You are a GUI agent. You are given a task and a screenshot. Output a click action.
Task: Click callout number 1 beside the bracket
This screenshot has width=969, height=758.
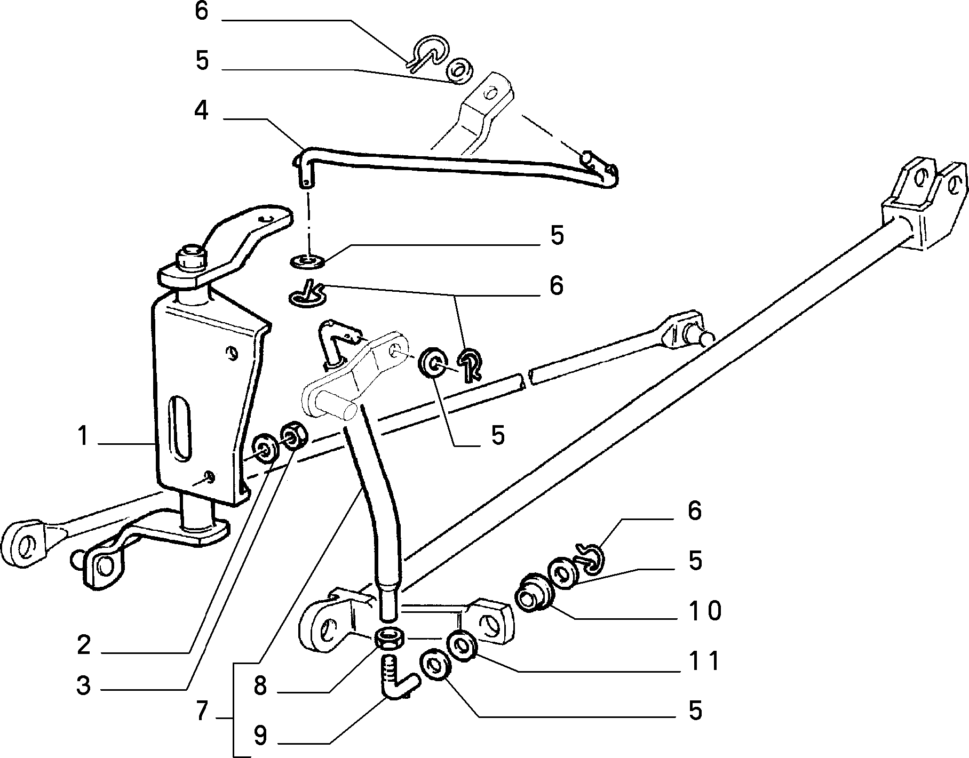pyautogui.click(x=82, y=436)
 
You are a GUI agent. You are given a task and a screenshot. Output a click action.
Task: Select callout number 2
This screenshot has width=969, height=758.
pyautogui.click(x=84, y=645)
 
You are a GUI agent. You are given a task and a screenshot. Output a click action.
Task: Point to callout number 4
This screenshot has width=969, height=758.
pyautogui.click(x=201, y=110)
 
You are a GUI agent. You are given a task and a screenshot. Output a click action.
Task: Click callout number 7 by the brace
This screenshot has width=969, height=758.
pyautogui.click(x=201, y=712)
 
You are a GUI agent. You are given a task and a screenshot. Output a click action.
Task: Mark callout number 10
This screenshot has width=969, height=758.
pyautogui.click(x=704, y=610)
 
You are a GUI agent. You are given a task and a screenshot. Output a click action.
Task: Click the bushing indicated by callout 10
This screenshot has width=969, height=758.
pyautogui.click(x=531, y=592)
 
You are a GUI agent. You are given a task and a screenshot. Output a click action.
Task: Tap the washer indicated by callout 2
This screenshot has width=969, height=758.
pyautogui.click(x=265, y=446)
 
